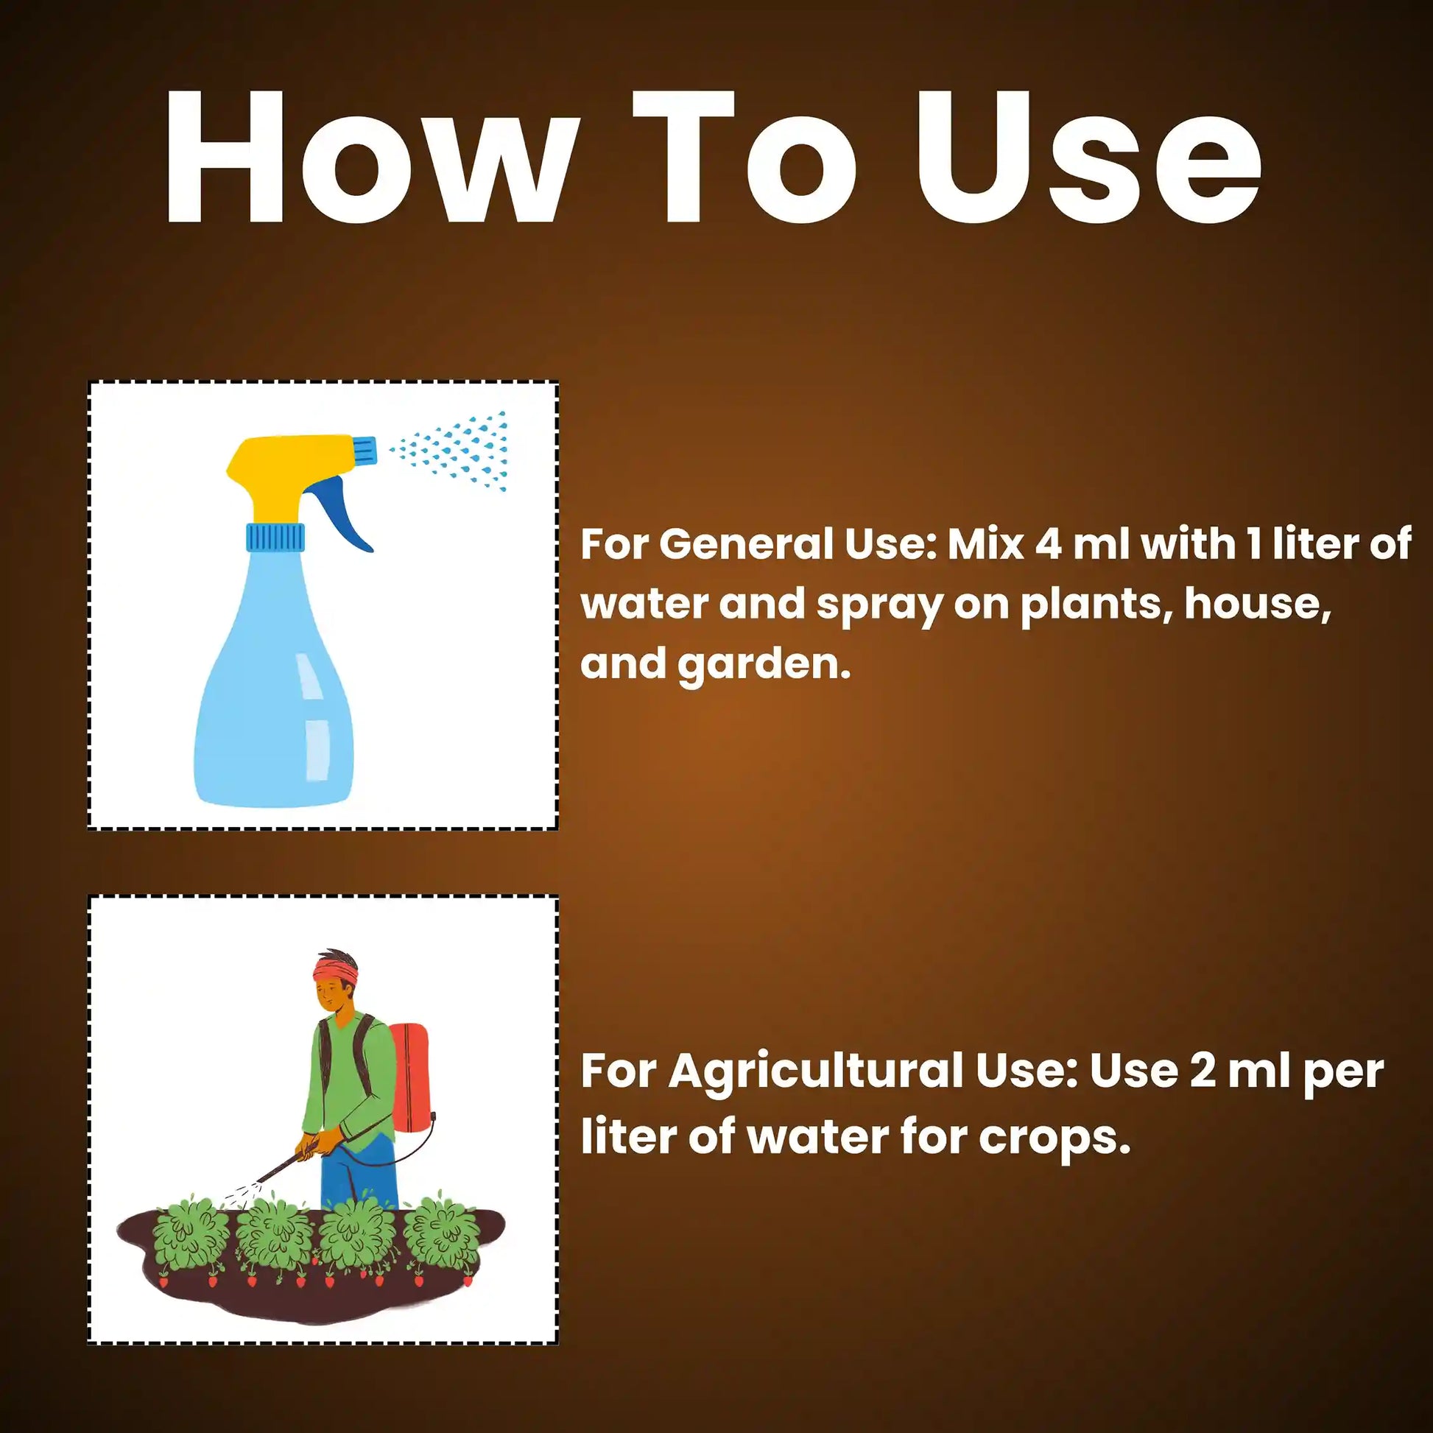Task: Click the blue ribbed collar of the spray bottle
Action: point(275,537)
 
